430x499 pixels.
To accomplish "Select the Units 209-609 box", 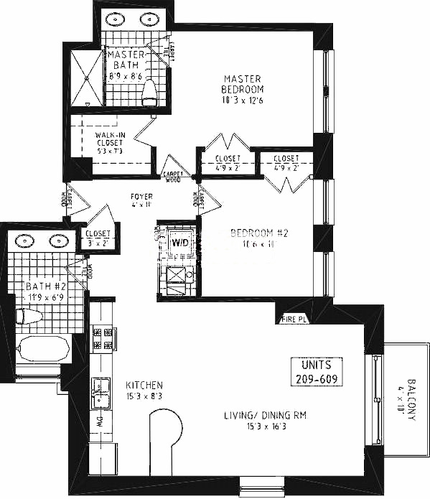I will point(316,372).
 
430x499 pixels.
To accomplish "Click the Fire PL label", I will point(294,319).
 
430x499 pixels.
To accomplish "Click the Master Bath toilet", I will point(149,91).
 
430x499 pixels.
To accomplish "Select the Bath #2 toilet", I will point(29,316).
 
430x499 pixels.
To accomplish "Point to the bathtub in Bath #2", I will point(42,350).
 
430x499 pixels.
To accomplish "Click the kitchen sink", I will point(100,392).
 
